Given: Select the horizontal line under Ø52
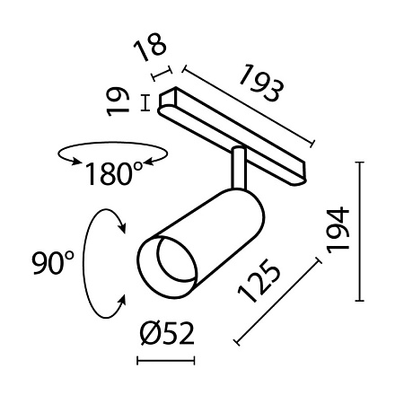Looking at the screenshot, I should click(167, 362).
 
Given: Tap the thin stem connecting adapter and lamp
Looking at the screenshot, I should click(238, 169).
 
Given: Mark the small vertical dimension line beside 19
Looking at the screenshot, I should click(146, 102).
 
